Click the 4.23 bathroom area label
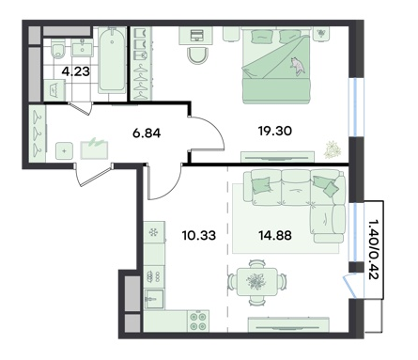pos(76,71)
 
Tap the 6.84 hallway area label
pos(147,133)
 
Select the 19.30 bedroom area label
pos(275,131)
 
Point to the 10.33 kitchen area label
pos(199,235)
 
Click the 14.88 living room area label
pos(275,235)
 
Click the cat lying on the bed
pos(297,65)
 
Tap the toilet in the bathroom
pos(58,50)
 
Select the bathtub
pos(111,60)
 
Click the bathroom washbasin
pos(82,49)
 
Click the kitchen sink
pos(154,299)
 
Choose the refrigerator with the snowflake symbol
pos(154,232)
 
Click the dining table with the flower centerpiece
pos(257,282)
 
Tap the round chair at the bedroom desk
pos(197,55)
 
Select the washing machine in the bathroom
pos(54,90)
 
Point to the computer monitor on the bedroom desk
pos(197,35)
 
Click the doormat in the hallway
pos(95,149)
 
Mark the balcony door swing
pos(349,286)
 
